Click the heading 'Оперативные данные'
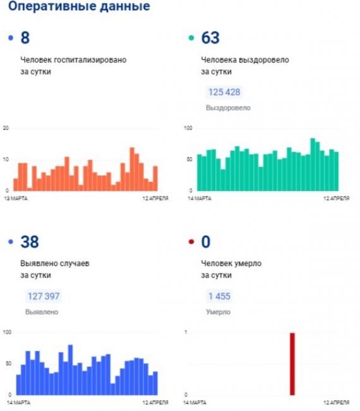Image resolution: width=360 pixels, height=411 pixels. (79, 6)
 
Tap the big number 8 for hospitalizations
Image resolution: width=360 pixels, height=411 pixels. (25, 38)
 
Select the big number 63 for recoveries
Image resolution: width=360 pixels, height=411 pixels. (210, 38)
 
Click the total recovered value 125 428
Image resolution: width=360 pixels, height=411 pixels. (224, 92)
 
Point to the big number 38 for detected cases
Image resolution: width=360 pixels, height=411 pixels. (30, 242)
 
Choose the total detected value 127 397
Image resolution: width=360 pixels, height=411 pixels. (44, 296)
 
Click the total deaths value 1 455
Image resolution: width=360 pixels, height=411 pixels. (219, 296)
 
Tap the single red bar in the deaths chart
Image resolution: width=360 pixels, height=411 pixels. (292, 364)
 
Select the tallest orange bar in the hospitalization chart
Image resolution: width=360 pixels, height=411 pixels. (132, 169)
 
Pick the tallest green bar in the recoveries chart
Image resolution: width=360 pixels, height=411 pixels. (313, 164)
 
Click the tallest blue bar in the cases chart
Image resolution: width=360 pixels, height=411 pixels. (71, 370)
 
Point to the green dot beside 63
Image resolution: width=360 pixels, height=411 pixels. (191, 38)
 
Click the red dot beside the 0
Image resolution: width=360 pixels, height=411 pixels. (191, 242)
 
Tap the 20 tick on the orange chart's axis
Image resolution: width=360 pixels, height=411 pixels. (6, 128)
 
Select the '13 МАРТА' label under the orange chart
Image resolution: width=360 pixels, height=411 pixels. (16, 199)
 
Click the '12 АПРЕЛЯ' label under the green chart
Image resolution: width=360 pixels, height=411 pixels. (337, 199)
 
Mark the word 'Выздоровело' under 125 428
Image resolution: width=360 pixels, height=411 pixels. (228, 107)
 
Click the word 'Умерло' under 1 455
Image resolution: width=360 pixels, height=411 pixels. (218, 312)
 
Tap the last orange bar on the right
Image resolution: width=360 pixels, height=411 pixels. (155, 178)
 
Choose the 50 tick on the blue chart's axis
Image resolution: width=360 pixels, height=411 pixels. (9, 364)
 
